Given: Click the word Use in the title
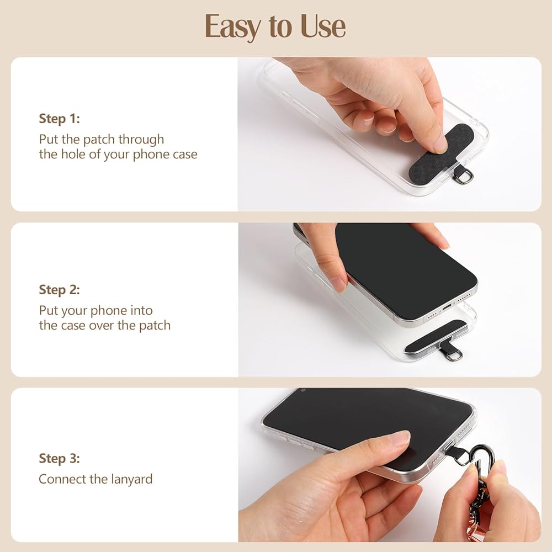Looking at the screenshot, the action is point(323,26).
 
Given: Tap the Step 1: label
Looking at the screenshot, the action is point(60,119).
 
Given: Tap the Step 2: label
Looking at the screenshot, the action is point(60,290).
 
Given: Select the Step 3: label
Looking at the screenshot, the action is point(60,459).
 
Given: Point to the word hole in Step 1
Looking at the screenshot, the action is point(73,154).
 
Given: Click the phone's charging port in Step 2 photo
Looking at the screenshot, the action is point(447,307).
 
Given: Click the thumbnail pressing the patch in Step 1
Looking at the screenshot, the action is point(440,144).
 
